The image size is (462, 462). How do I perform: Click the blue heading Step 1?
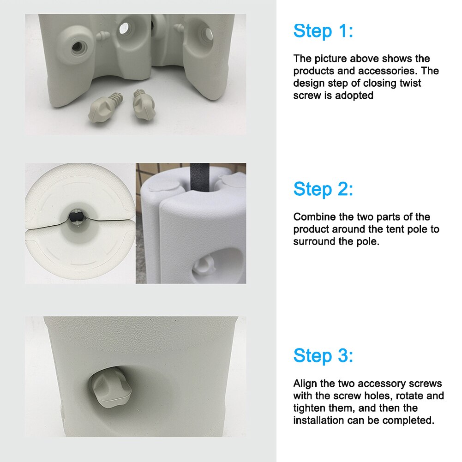pos(323,31)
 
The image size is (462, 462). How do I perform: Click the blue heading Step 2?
pos(323,189)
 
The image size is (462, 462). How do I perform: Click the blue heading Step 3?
pos(323,355)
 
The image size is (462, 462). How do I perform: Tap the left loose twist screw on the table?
pos(106,107)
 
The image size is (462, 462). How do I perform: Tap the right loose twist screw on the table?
pos(144,105)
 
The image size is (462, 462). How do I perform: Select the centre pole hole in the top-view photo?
pos(77,217)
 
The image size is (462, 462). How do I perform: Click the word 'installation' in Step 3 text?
pos(318,420)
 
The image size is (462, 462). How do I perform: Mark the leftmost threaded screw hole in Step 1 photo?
pos(77,46)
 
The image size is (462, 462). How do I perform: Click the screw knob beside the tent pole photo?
pos(204,264)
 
